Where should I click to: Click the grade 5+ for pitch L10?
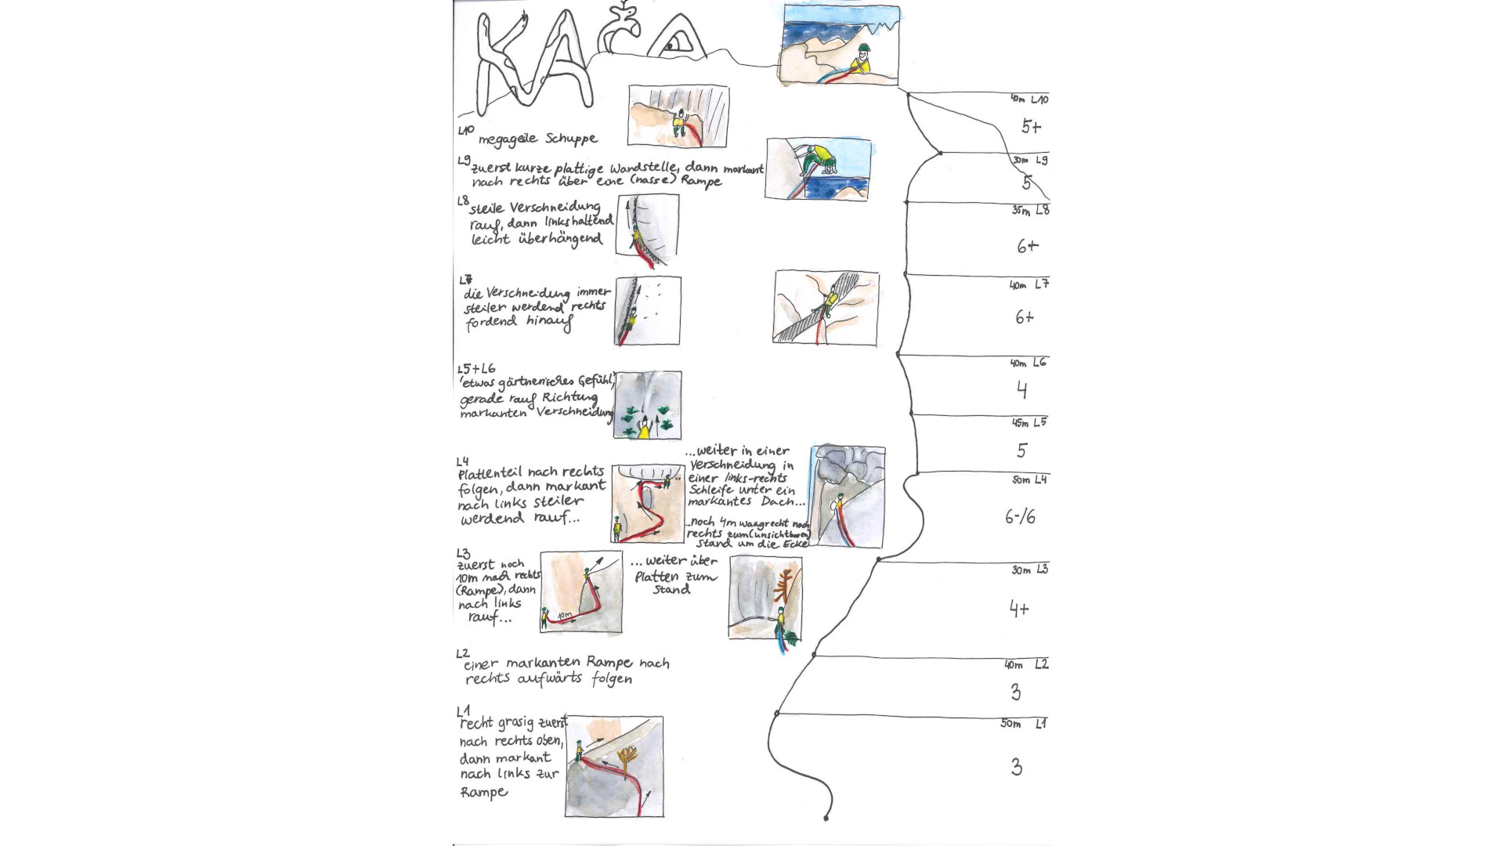click(x=1031, y=127)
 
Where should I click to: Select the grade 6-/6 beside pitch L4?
click(x=1020, y=517)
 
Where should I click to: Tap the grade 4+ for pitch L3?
click(x=1018, y=609)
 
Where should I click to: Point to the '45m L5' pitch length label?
click(x=1029, y=423)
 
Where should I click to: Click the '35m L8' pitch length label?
click(x=1029, y=211)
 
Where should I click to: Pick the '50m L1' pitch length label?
click(x=1022, y=724)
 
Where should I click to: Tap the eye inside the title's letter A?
click(x=671, y=47)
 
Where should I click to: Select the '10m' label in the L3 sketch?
click(x=564, y=617)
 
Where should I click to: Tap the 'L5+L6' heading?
click(x=476, y=369)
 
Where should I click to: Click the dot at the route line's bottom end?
click(x=826, y=819)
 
